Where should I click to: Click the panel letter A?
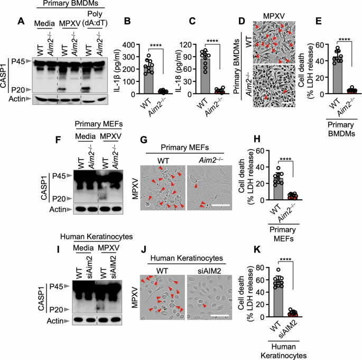[22, 21]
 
